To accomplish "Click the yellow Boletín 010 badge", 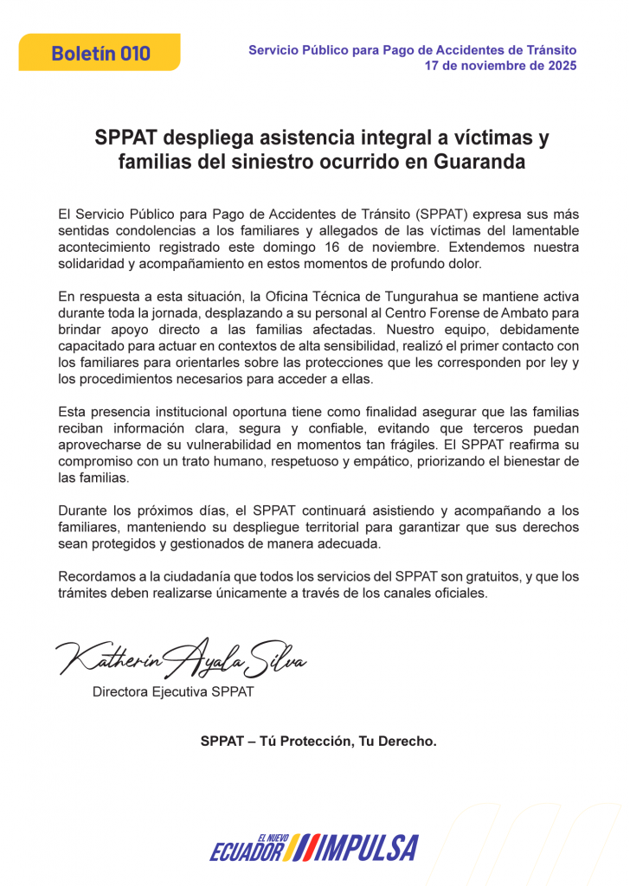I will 100,53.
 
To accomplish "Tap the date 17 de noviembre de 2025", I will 500,66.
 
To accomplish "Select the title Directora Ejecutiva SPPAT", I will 173,692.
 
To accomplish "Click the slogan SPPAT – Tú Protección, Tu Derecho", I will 318,742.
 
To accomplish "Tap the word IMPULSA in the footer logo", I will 367,849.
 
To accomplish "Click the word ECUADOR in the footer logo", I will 247,852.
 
